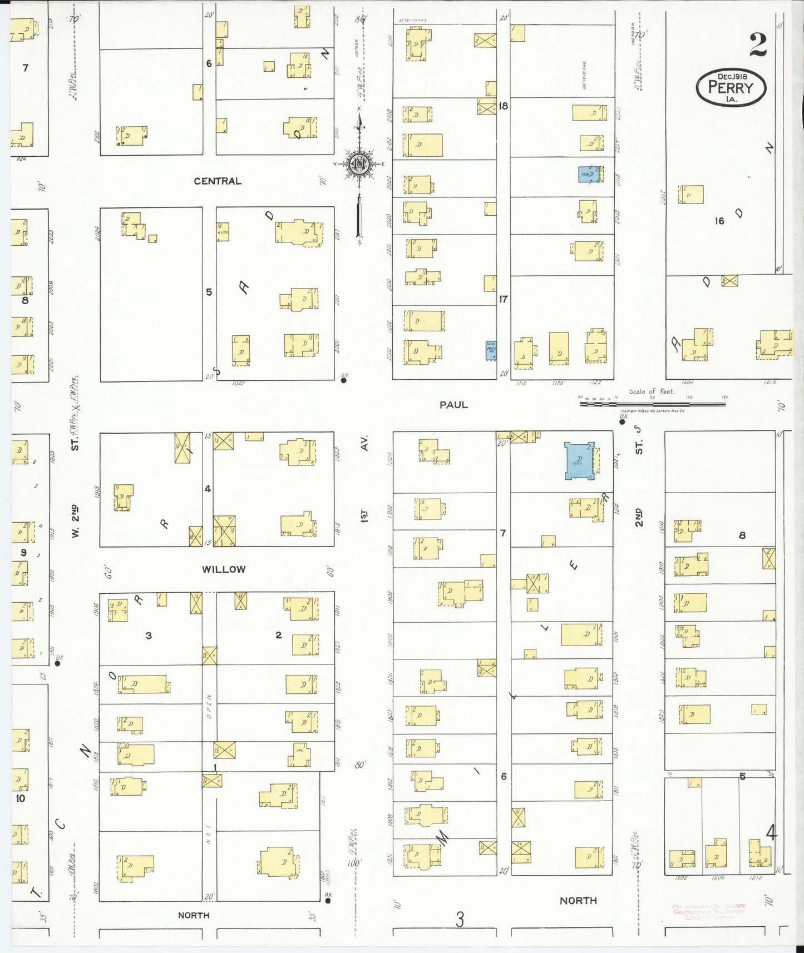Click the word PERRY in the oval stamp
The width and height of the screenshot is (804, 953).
(731, 88)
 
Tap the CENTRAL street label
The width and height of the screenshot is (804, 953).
(218, 181)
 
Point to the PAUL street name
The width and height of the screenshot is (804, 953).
(453, 405)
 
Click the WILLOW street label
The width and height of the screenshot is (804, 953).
(224, 569)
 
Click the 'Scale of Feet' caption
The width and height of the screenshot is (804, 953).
(652, 391)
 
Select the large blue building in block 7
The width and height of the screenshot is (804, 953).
(579, 460)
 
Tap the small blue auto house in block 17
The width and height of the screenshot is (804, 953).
(491, 350)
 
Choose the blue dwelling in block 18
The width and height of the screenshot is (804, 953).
(589, 174)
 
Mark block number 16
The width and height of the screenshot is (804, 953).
(719, 221)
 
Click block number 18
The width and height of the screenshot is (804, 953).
(503, 106)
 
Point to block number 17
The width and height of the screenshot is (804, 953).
(503, 299)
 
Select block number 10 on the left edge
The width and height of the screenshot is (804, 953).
(21, 798)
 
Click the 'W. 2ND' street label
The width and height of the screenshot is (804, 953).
(75, 521)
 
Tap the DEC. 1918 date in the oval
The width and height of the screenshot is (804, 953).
(732, 76)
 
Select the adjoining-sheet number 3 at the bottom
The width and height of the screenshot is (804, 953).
(460, 920)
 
